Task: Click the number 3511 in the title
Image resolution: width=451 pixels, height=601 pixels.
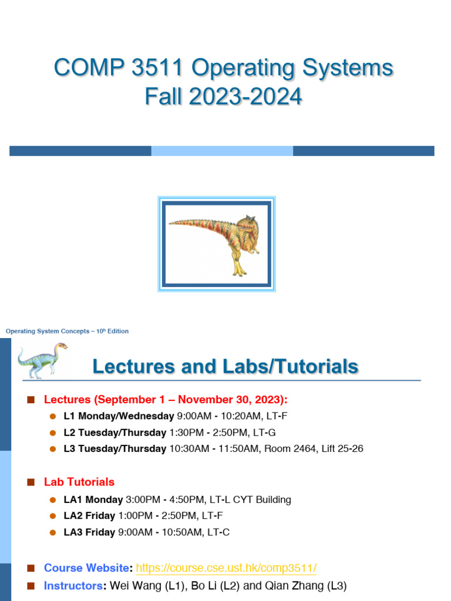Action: [x=157, y=67]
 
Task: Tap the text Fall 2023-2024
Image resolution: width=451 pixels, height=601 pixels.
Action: [x=223, y=96]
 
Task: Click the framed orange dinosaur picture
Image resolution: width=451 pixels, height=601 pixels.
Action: [x=217, y=244]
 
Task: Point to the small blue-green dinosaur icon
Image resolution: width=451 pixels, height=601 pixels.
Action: [x=42, y=361]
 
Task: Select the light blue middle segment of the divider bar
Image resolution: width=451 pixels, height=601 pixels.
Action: [x=222, y=151]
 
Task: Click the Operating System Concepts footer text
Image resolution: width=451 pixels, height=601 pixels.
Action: [x=67, y=331]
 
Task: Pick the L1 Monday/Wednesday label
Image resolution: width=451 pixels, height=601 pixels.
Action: [x=119, y=416]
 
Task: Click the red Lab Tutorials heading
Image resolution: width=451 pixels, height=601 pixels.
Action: [x=79, y=482]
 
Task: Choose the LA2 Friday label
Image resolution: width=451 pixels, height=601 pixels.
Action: [x=89, y=516]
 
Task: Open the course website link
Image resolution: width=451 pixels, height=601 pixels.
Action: [x=226, y=568]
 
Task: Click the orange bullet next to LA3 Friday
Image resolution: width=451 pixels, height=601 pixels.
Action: [x=53, y=532]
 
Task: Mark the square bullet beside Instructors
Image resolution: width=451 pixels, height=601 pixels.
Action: [x=31, y=586]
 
